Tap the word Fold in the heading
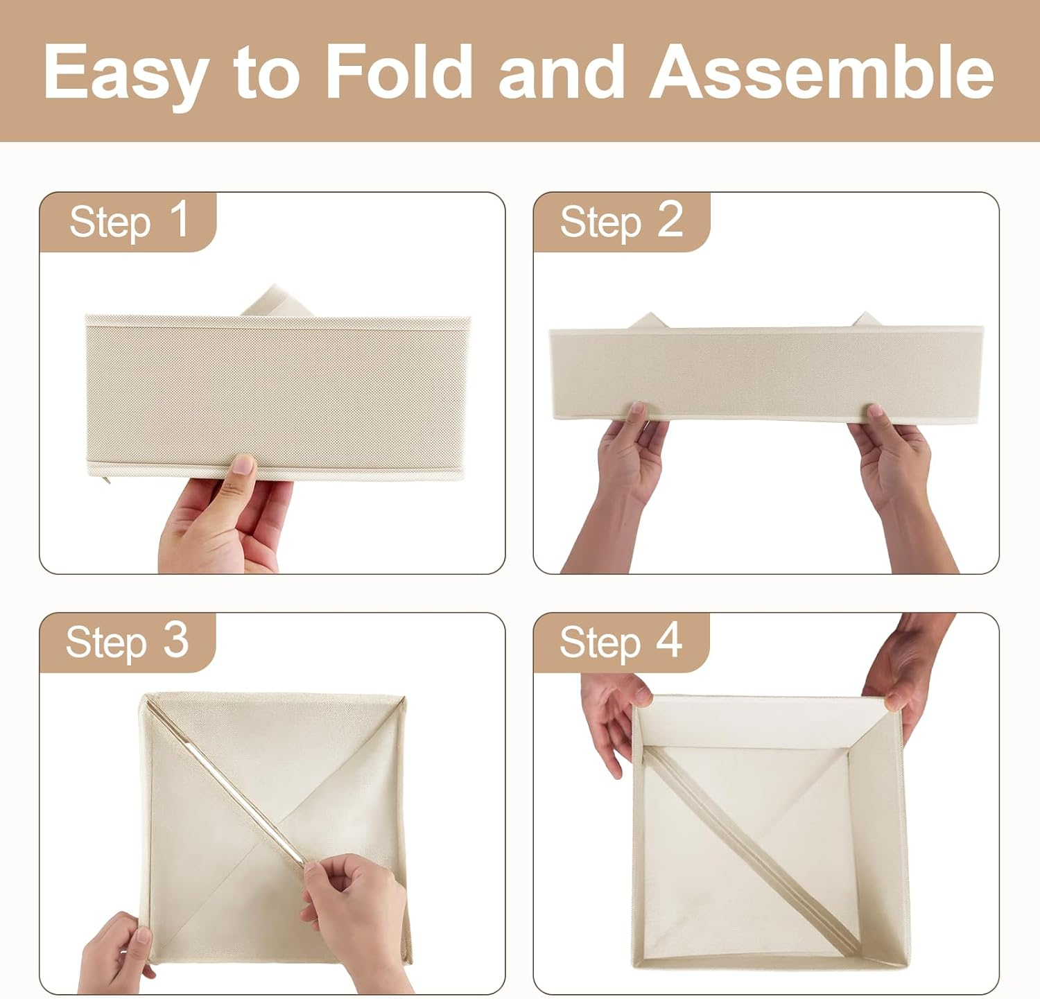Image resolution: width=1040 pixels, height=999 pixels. click(x=399, y=71)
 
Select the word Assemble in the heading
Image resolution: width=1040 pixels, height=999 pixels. click(x=822, y=71)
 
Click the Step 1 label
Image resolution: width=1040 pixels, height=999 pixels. click(x=129, y=222)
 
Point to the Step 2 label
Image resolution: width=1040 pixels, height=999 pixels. click(x=621, y=222)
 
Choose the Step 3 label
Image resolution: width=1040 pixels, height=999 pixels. click(x=128, y=641)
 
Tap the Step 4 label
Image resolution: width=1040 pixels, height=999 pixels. click(x=621, y=641)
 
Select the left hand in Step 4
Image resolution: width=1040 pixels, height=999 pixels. click(x=613, y=718)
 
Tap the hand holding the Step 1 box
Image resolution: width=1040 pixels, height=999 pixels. click(x=225, y=516)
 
